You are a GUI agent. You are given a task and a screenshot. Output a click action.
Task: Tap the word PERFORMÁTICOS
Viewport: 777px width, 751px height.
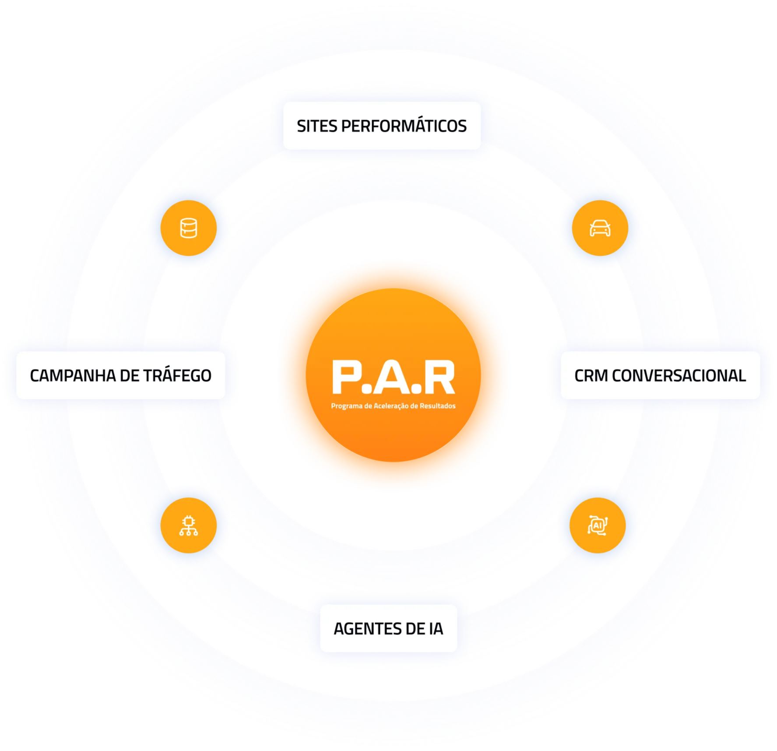404,126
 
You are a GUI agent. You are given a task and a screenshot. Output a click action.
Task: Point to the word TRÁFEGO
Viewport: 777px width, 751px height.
177,376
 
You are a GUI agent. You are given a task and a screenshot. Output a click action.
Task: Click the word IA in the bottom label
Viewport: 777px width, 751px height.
436,629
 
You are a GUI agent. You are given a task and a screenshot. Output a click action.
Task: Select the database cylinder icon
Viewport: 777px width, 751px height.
189,228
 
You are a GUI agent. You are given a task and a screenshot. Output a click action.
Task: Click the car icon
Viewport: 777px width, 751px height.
600,228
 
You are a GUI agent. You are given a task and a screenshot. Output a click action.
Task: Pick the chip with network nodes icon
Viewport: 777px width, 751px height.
189,525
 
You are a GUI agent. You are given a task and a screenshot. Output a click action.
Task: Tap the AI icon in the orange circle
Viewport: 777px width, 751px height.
598,525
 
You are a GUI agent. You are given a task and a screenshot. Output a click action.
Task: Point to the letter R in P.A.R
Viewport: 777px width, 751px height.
439,377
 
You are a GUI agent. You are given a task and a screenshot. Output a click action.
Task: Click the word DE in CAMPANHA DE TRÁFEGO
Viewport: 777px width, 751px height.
130,376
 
